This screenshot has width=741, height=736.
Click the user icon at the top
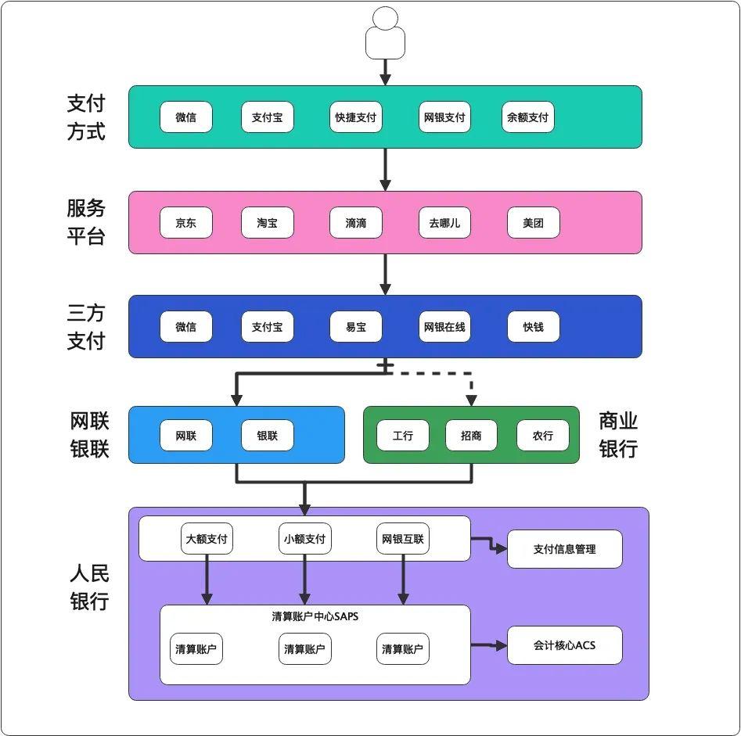coord(385,34)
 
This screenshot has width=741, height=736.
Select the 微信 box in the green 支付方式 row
coord(185,117)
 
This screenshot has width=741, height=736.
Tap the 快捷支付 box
coord(356,117)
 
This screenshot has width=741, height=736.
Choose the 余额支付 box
coord(528,117)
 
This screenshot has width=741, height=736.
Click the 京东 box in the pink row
coord(185,223)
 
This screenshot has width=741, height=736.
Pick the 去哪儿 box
coord(444,223)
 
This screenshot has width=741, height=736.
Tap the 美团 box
coord(533,223)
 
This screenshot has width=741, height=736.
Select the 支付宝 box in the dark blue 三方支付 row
coord(267,327)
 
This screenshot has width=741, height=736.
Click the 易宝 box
coord(356,327)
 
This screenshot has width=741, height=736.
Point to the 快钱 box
coord(533,327)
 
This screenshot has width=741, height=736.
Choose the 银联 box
coord(267,436)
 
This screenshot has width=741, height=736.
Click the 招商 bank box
coord(471,436)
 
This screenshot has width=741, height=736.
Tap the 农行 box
coord(542,436)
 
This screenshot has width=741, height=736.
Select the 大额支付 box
coord(207,539)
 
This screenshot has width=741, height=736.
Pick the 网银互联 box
coord(403,539)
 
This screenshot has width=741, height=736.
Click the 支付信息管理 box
coord(564,549)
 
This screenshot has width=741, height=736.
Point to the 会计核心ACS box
coord(564,645)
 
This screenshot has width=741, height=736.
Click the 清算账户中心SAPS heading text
coord(315,616)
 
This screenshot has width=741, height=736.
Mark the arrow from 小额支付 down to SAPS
coord(305,580)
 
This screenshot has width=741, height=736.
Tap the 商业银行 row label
coord(618,435)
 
